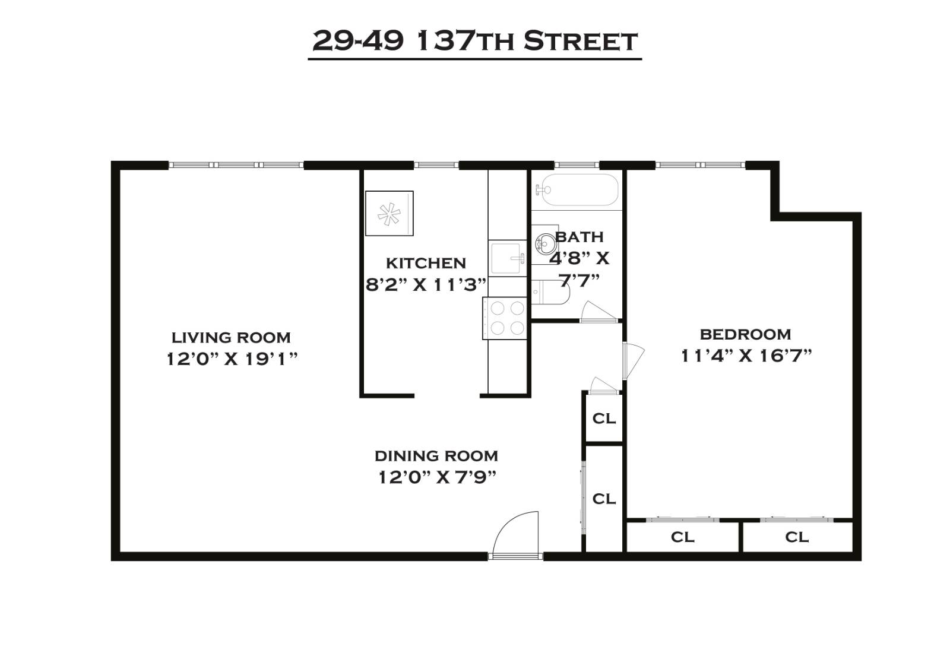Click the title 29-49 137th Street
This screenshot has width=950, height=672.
(x=474, y=41)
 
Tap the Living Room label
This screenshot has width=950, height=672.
(x=231, y=338)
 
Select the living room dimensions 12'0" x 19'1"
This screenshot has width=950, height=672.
(x=232, y=359)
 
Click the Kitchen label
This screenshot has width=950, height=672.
(x=426, y=263)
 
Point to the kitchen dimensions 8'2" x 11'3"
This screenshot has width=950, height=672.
(x=426, y=285)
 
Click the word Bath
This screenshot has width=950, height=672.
(x=579, y=237)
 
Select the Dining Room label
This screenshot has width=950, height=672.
(x=436, y=456)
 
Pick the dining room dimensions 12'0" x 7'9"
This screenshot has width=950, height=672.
(x=437, y=477)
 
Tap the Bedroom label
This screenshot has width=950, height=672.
(x=745, y=334)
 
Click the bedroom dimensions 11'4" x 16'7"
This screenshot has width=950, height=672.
(x=746, y=356)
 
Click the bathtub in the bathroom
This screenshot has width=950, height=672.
(x=577, y=190)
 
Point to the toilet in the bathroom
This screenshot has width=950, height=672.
(x=549, y=292)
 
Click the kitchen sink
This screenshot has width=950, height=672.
(x=508, y=258)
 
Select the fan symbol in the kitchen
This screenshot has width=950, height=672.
(x=389, y=214)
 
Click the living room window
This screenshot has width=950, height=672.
(x=236, y=165)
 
